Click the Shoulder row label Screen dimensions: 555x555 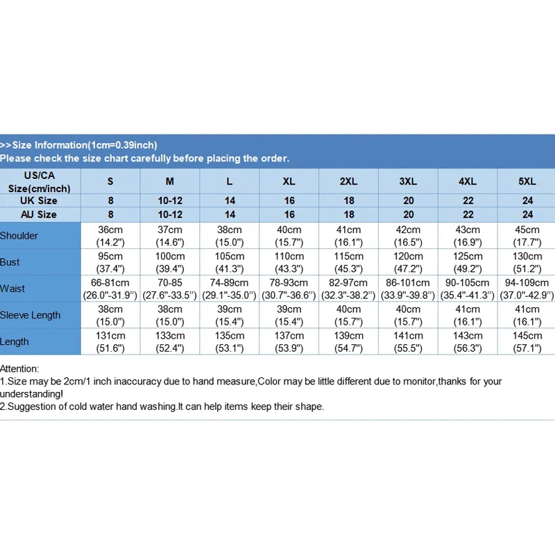(x=19, y=236)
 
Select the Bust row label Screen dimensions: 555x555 (x=10, y=262)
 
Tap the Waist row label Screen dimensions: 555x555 (x=12, y=289)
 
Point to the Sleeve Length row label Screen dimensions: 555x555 (x=31, y=315)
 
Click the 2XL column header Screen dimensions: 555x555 (x=348, y=181)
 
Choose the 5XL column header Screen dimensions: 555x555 (x=527, y=181)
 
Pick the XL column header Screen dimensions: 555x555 (x=289, y=181)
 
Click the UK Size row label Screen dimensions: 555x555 (x=39, y=200)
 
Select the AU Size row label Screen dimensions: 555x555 (x=39, y=214)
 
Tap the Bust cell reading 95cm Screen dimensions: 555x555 (x=110, y=262)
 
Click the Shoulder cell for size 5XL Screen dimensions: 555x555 (x=527, y=236)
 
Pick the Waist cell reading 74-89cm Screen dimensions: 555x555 (x=230, y=289)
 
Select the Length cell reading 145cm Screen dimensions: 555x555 (x=527, y=341)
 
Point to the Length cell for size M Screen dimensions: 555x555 (x=170, y=341)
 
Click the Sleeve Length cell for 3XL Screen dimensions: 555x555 (x=408, y=315)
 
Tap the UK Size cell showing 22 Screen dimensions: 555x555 (x=468, y=200)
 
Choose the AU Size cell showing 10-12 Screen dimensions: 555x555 (x=170, y=214)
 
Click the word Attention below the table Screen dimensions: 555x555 (x=19, y=369)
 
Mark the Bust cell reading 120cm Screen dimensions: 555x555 (x=408, y=262)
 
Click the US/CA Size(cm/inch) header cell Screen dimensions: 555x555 (x=39, y=182)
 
